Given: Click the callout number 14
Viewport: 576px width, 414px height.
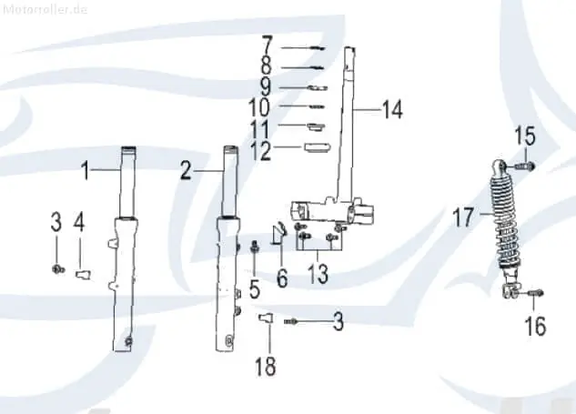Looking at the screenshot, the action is (x=392, y=109).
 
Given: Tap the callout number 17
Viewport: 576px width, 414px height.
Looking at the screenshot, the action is (x=462, y=217).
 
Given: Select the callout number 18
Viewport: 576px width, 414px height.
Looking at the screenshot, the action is (x=265, y=367).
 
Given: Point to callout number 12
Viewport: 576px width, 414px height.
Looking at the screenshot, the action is (x=260, y=151).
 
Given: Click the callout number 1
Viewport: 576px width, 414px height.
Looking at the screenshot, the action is (x=86, y=171).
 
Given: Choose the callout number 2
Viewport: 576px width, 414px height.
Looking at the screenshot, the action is (x=186, y=170).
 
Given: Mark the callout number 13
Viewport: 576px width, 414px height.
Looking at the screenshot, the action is (x=318, y=274).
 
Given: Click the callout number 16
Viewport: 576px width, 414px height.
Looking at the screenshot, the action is (x=535, y=326).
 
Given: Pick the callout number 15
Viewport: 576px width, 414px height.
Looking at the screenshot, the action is (x=525, y=136).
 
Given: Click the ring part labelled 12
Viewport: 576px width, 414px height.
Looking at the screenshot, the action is (x=318, y=146).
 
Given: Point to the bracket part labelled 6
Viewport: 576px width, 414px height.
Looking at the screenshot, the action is (x=278, y=234).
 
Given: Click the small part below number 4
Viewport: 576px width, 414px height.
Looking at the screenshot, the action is (x=84, y=274).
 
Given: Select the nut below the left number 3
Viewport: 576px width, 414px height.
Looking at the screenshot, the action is (x=57, y=269).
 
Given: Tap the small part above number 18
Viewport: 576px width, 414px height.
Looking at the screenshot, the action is (x=266, y=318).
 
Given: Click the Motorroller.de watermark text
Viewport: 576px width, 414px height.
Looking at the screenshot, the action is (x=45, y=9).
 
